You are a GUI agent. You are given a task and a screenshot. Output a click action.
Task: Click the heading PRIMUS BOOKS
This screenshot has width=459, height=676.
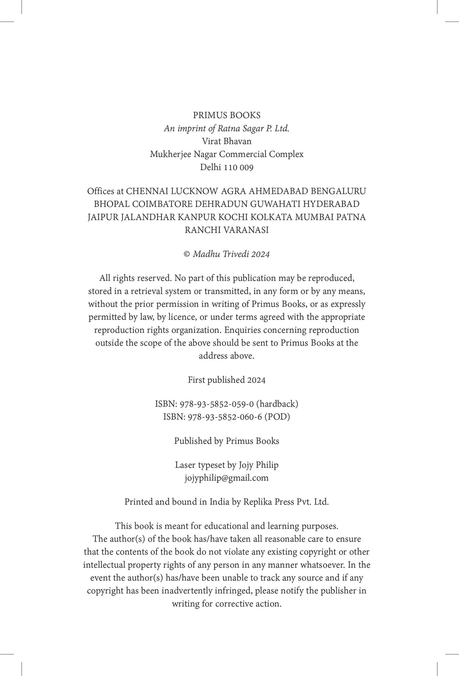(x=226, y=115)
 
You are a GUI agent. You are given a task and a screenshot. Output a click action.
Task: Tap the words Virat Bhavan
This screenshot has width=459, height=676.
(x=226, y=141)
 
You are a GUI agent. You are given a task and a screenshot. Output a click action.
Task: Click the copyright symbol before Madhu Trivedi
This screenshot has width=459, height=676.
(x=187, y=254)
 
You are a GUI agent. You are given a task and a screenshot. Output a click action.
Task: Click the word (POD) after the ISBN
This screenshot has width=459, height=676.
(x=277, y=417)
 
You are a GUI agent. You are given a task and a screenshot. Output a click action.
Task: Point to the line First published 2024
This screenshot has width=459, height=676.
(x=226, y=380)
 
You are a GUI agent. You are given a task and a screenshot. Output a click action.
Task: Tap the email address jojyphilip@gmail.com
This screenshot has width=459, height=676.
(x=226, y=478)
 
